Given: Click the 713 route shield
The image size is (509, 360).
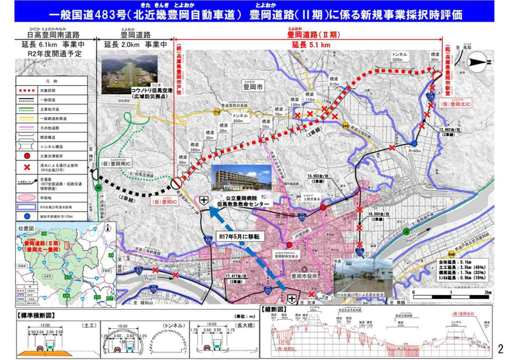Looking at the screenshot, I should [x=217, y=111].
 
